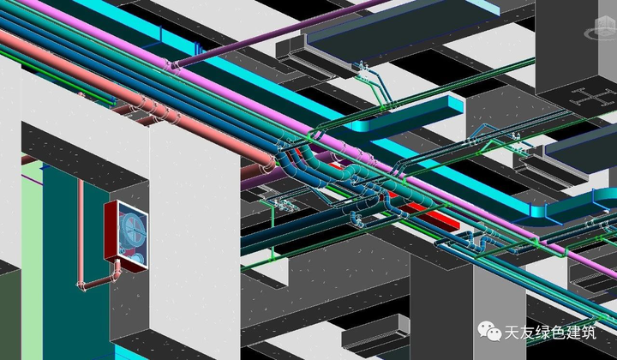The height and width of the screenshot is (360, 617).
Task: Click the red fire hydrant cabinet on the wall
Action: click(126, 235)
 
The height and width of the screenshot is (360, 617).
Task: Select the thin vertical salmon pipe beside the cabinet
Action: click(81, 232)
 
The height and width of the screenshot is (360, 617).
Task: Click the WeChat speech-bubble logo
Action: click(489, 331)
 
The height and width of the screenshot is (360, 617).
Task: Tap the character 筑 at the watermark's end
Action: click(588, 333)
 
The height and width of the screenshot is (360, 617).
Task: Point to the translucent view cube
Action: click(601, 28)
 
